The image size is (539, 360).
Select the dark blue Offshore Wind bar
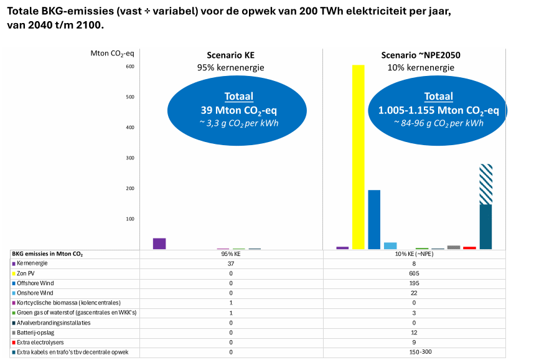[374, 219]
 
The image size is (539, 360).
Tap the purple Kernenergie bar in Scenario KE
[159, 244]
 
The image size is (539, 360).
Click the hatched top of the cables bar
[485, 184]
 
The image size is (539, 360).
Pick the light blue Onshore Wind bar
[390, 245]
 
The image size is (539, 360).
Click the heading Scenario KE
[231, 55]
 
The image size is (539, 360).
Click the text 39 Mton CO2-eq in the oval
[238, 110]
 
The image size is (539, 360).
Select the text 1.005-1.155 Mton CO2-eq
[438, 110]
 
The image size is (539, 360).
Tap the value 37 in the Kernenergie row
[230, 263]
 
